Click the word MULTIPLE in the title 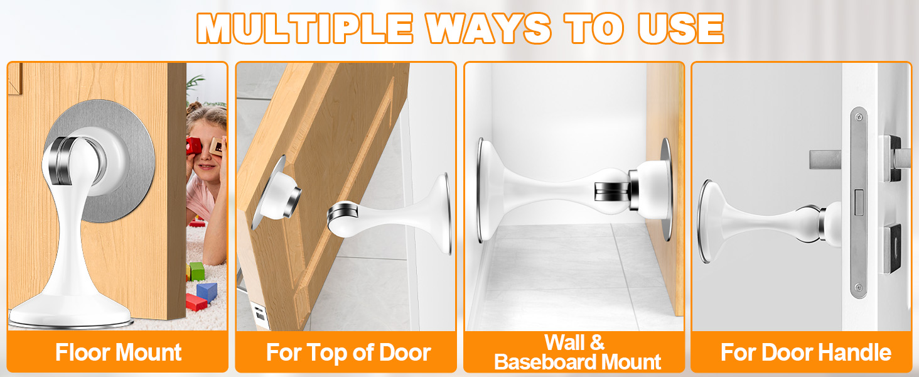click(x=305, y=28)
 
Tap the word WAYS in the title click(x=488, y=28)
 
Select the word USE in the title click(x=680, y=28)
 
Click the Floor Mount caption click(x=118, y=352)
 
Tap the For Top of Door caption click(x=348, y=352)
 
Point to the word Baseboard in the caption click(x=545, y=362)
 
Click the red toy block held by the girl click(x=193, y=145)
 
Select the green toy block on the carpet click(x=196, y=271)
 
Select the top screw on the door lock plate click(x=858, y=117)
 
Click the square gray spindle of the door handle click(x=825, y=160)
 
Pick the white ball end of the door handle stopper click(x=830, y=224)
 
